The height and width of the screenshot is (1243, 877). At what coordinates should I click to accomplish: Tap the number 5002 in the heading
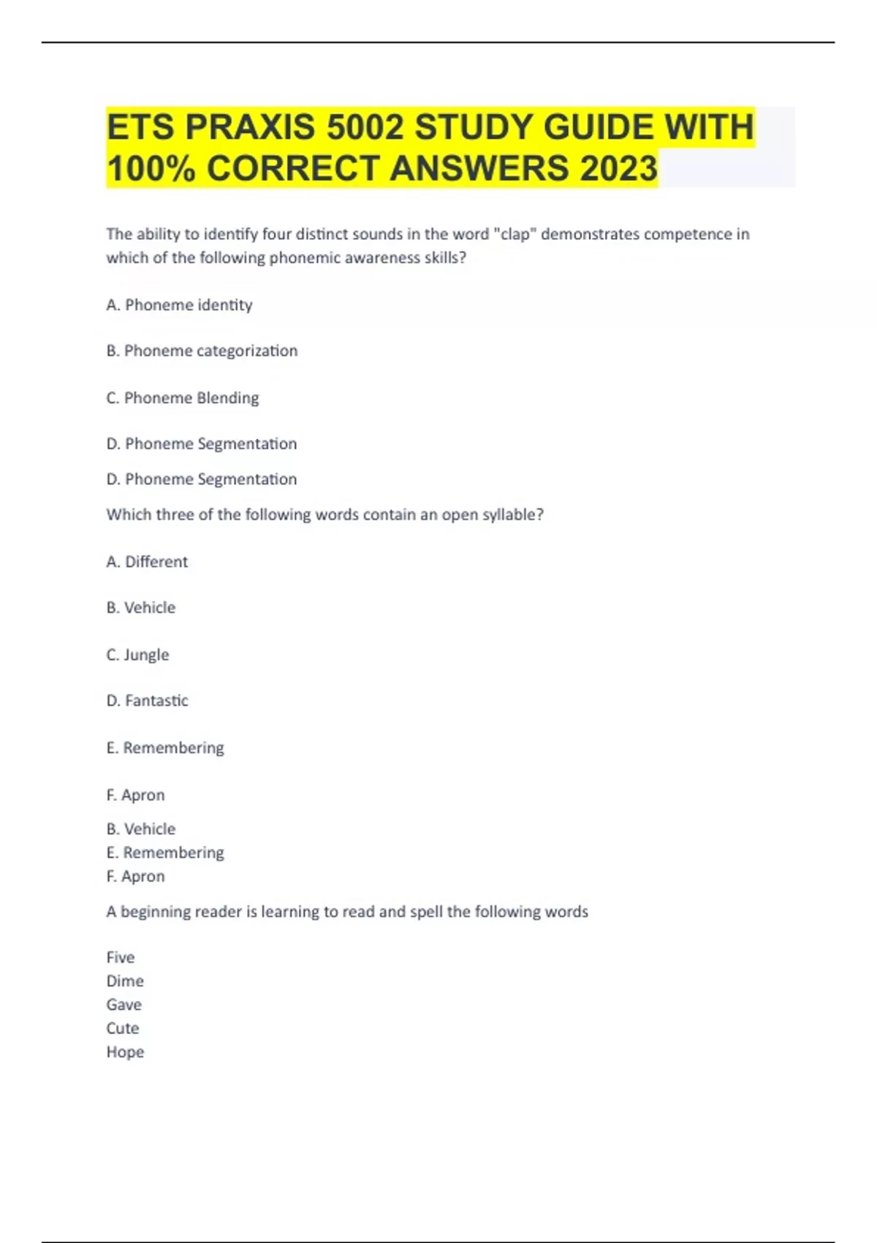point(365,127)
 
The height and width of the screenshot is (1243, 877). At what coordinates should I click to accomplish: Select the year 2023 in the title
point(618,168)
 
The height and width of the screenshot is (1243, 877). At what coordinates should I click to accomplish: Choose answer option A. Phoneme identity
point(179,305)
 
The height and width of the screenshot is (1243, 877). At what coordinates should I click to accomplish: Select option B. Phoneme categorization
point(202,351)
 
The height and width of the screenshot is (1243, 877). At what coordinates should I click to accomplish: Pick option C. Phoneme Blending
point(183,398)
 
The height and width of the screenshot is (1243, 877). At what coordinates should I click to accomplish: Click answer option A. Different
point(147,562)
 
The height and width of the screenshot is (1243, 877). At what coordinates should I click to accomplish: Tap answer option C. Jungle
point(137,654)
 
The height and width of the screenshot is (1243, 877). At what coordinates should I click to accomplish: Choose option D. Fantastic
point(147,700)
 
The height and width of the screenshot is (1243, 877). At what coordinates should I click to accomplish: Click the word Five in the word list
point(121,957)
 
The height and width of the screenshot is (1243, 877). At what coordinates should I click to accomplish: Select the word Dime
point(125,981)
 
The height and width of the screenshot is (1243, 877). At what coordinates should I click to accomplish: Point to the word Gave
point(124,1005)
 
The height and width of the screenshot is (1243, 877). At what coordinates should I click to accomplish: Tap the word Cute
point(122,1028)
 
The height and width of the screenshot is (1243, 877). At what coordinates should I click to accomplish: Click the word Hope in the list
point(125,1051)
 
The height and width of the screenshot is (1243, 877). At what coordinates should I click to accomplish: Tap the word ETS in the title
point(140,127)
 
